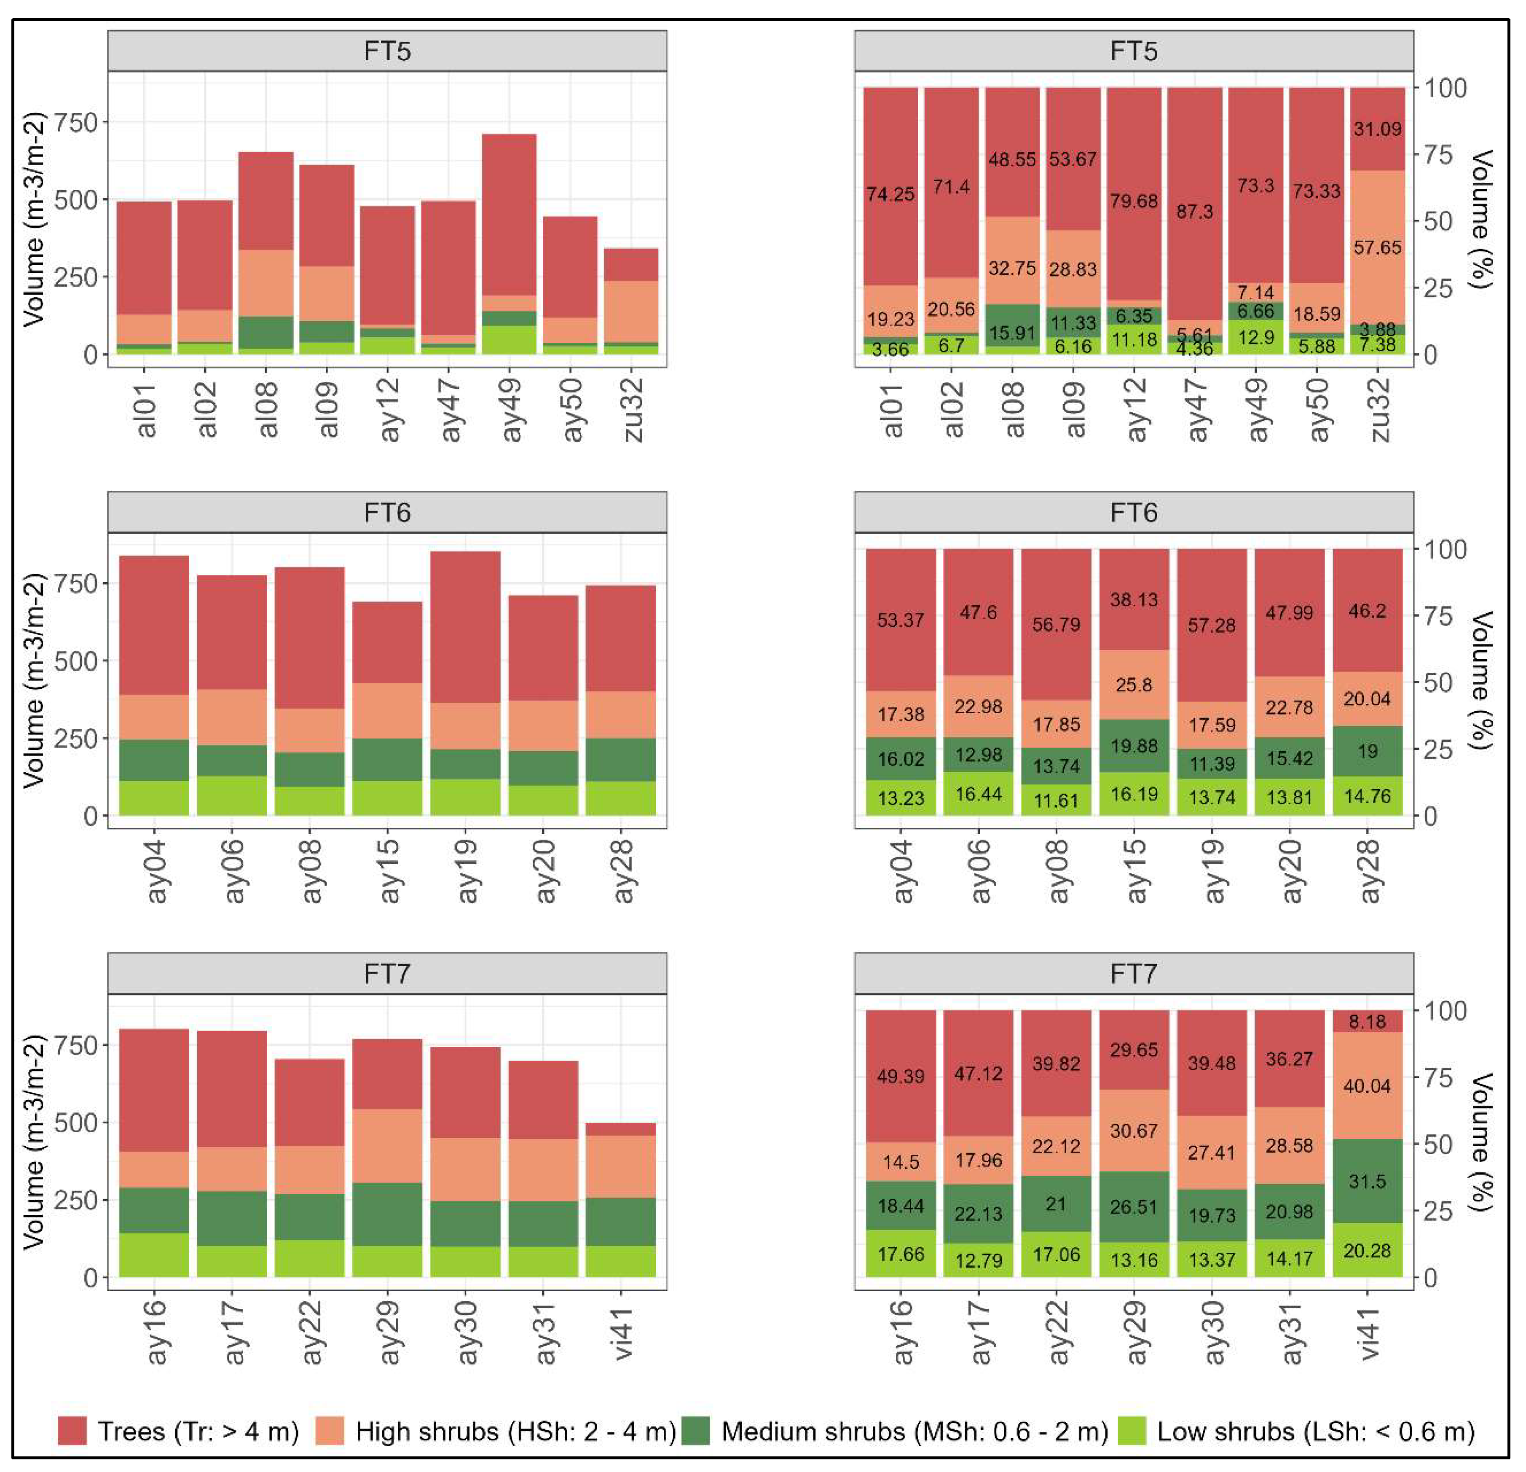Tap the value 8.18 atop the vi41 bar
click(1367, 1021)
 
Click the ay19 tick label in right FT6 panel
click(1212, 871)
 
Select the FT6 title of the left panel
click(387, 513)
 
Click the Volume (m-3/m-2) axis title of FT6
click(33, 680)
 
